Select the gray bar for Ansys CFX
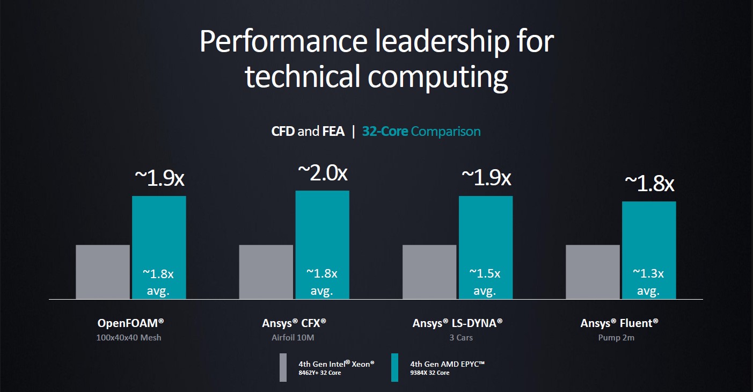(x=266, y=272)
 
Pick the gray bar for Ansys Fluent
(x=593, y=272)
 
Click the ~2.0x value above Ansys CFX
(x=323, y=173)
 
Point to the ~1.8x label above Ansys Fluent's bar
(x=649, y=184)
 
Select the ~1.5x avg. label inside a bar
(x=485, y=282)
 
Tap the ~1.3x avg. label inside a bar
(x=648, y=282)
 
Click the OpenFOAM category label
(x=130, y=323)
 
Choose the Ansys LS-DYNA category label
(x=458, y=323)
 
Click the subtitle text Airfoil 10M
(x=294, y=338)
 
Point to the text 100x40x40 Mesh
(x=129, y=338)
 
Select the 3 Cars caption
(x=457, y=338)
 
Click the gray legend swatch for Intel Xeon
(x=283, y=367)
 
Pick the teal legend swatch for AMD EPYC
(x=395, y=367)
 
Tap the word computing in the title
(x=437, y=76)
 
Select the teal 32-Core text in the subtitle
(x=385, y=132)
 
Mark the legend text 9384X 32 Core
(x=429, y=373)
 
